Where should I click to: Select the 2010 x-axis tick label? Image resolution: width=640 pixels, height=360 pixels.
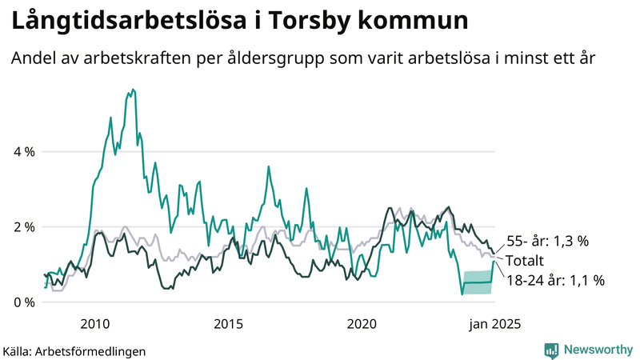coord(94,324)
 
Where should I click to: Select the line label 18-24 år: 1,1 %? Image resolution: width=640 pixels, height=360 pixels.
coord(554,280)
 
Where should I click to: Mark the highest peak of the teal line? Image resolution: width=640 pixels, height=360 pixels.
coord(132,90)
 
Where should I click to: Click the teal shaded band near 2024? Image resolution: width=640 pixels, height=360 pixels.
coord(478,282)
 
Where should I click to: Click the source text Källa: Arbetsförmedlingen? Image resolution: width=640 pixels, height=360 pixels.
coord(74,350)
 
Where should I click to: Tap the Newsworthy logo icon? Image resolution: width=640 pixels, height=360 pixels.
coord(551,350)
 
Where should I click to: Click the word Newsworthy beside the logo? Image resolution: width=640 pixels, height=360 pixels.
coord(598,350)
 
